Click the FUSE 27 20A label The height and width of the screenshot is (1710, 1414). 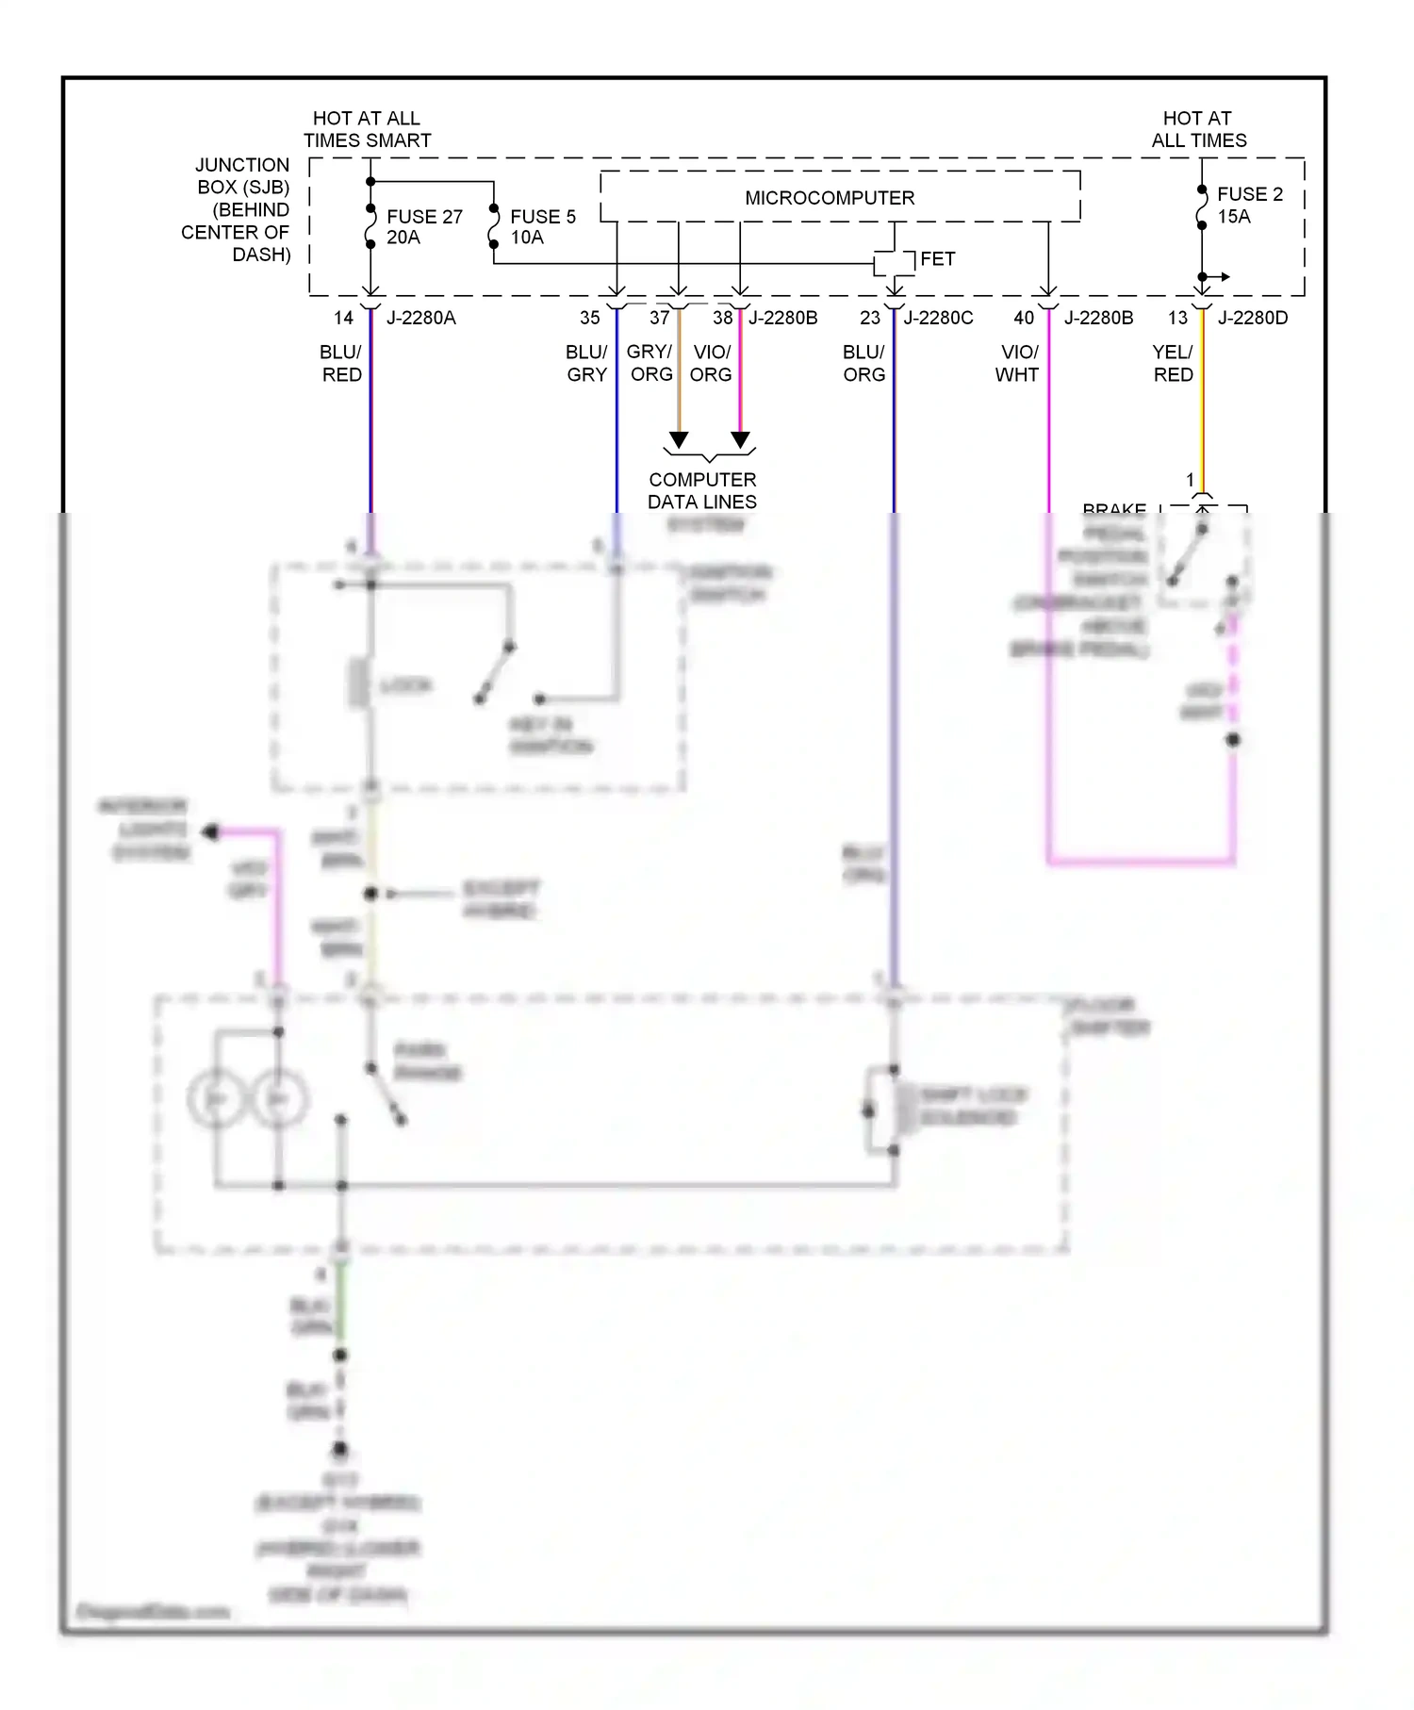coord(423,227)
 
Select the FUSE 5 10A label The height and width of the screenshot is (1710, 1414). coord(542,227)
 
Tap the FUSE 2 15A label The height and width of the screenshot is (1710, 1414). coord(1248,205)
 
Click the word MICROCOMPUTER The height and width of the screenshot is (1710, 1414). coord(830,198)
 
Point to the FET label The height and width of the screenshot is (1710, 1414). coord(937,258)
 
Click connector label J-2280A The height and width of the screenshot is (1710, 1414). coord(420,318)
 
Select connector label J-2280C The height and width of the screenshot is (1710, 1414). coord(938,318)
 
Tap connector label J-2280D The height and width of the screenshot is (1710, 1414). coord(1252,318)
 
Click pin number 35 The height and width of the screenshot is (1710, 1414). coord(589,318)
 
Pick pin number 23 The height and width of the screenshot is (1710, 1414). coord(870,318)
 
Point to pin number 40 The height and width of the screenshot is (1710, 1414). coord(1024,318)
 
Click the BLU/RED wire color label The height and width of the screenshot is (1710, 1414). coord(340,363)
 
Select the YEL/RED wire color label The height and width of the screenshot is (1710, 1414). coord(1173,363)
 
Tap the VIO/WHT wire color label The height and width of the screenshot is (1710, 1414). coord(1017,363)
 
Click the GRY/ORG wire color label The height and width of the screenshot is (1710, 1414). coord(650,363)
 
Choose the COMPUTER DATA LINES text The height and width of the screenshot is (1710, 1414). coord(702,490)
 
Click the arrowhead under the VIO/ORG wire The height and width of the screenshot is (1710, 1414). coord(741,440)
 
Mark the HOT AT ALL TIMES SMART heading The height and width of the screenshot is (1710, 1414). coord(367,129)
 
